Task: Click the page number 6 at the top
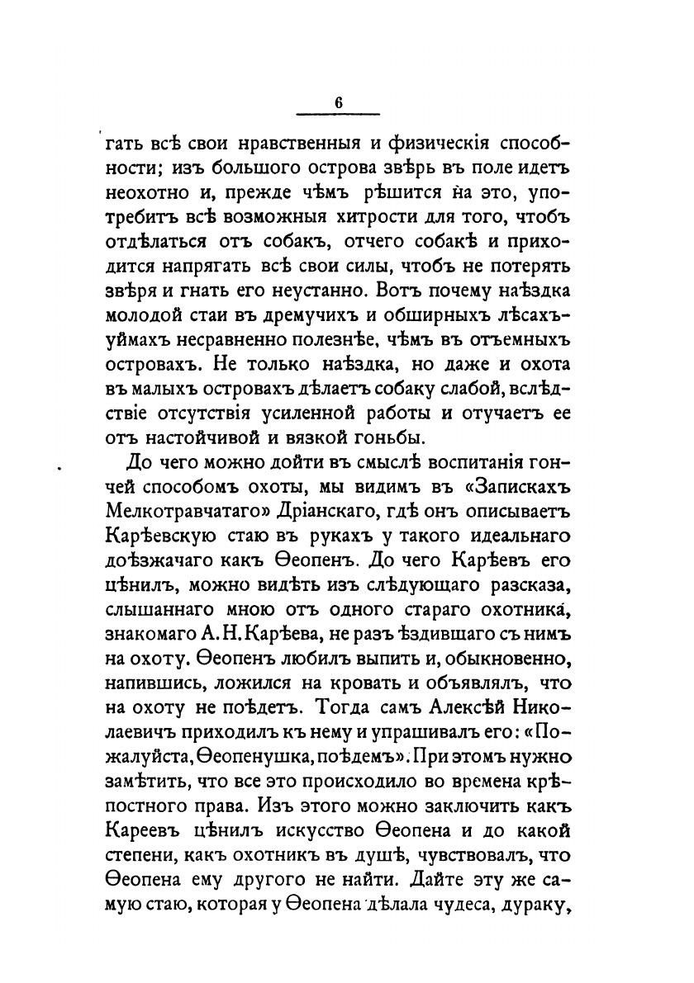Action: coord(338,102)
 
